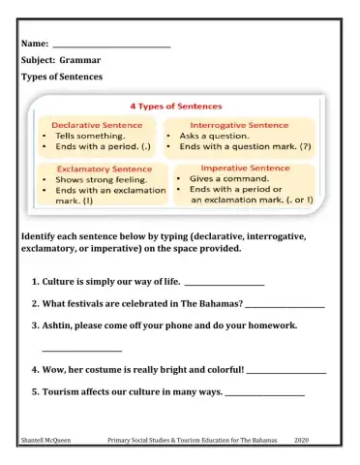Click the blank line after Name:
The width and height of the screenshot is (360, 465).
111,46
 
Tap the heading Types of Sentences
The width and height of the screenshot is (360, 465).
62,76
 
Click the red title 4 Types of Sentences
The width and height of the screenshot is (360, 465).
176,105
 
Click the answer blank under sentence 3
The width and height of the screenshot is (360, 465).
82,349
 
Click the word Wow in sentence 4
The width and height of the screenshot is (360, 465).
54,370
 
